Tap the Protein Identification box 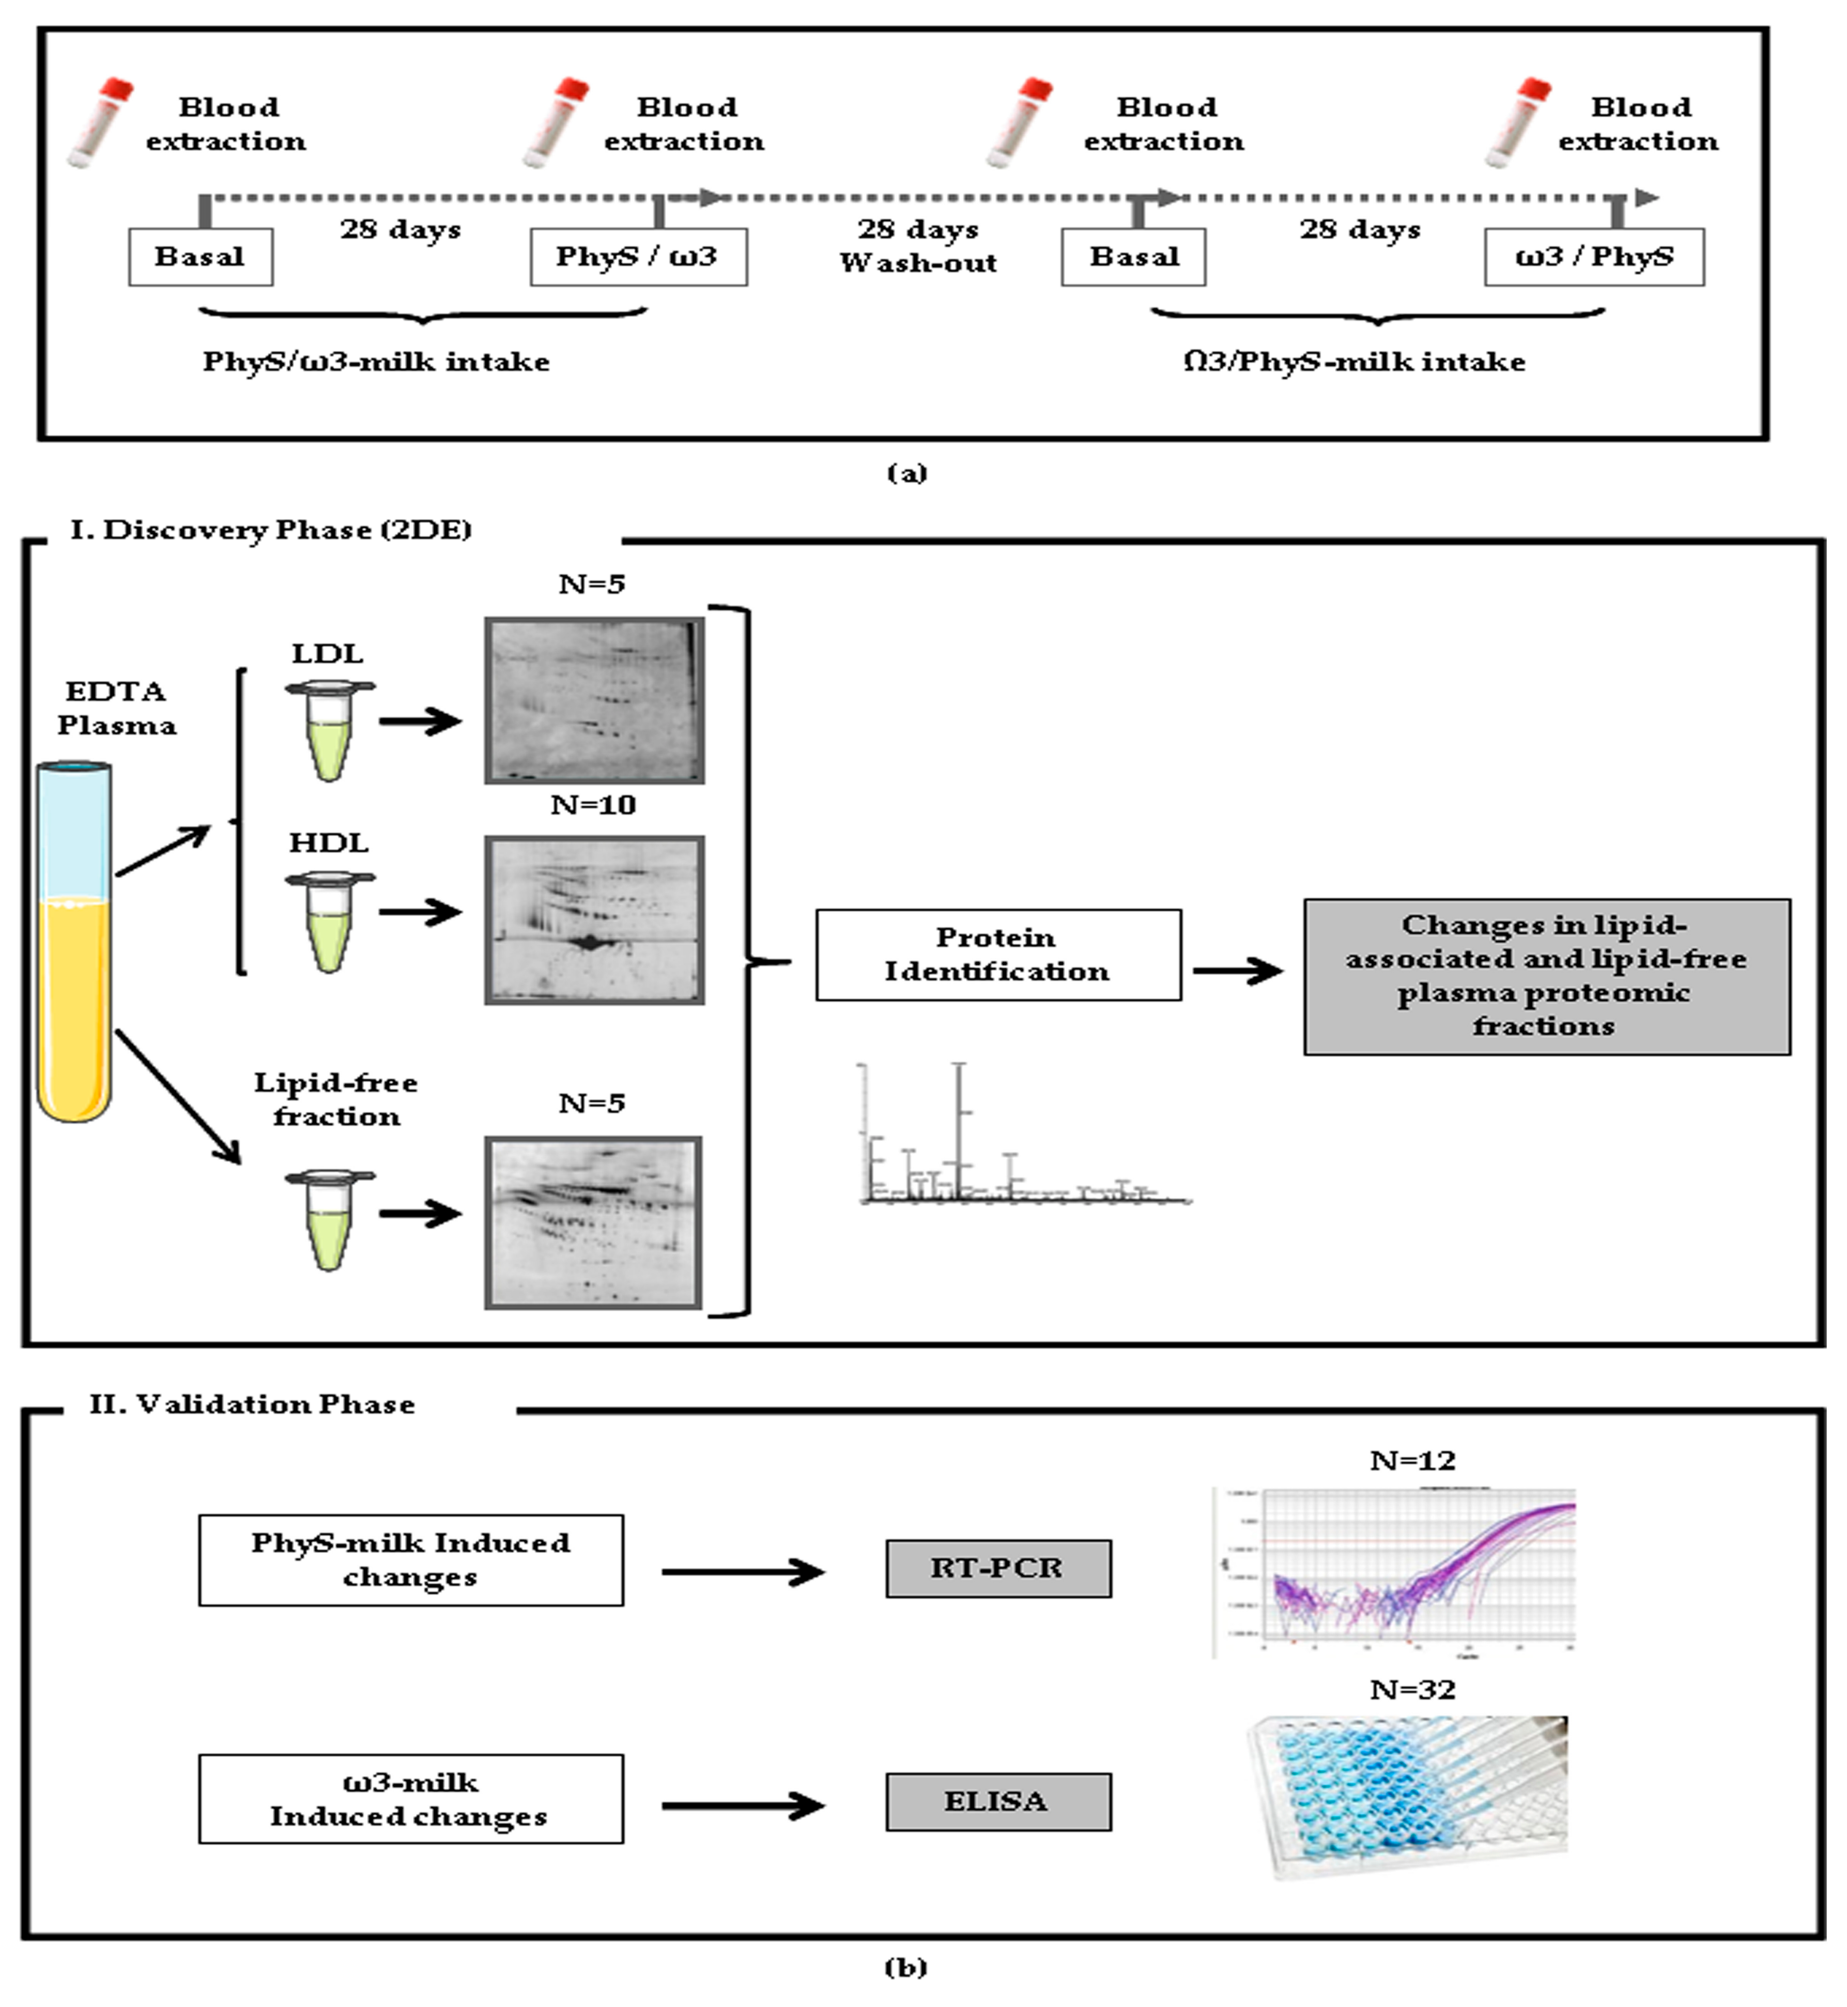[997, 955]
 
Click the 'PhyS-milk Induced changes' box [411, 1560]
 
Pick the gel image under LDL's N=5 [594, 700]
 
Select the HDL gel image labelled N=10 [594, 920]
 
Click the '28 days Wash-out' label [917, 246]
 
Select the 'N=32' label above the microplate [1412, 1689]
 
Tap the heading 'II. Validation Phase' [252, 1404]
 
